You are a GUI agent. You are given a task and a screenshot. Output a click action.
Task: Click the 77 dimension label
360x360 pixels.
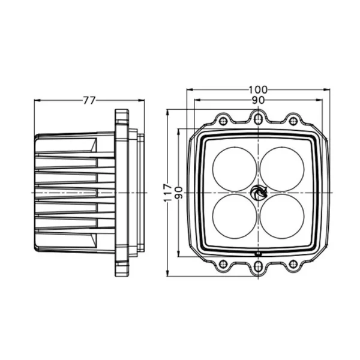point(89,100)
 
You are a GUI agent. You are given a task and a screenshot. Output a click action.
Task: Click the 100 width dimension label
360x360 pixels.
point(258,90)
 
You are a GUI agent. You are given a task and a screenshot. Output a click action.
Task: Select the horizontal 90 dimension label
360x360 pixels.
point(258,100)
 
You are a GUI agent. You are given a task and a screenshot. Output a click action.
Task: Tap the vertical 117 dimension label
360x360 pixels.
point(168,193)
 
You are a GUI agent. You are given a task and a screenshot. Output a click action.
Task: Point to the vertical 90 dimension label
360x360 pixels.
point(179,193)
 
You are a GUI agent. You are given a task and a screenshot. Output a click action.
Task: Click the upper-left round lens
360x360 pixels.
point(235,169)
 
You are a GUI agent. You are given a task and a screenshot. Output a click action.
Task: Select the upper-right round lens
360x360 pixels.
point(282,169)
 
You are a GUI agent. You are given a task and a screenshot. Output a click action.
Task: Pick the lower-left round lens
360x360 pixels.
point(235,216)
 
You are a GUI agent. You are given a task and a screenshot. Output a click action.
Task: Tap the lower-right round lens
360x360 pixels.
point(282,216)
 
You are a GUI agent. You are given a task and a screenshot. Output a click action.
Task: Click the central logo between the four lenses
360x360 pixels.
point(259,193)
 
